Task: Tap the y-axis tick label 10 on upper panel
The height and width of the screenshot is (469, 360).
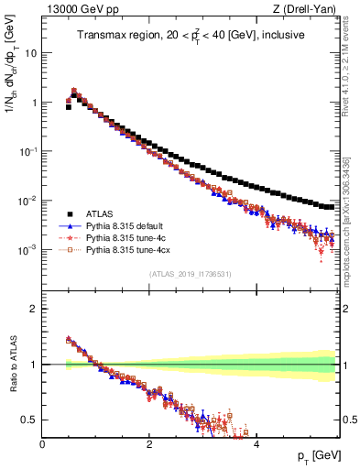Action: pyautogui.click(x=31, y=53)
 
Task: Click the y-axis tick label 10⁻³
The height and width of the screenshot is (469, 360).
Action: pyautogui.click(x=29, y=250)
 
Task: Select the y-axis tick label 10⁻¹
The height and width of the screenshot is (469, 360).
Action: pyautogui.click(x=29, y=152)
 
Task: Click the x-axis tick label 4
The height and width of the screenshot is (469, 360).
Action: pyautogui.click(x=256, y=444)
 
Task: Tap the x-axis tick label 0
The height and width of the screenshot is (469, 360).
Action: pyautogui.click(x=42, y=444)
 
